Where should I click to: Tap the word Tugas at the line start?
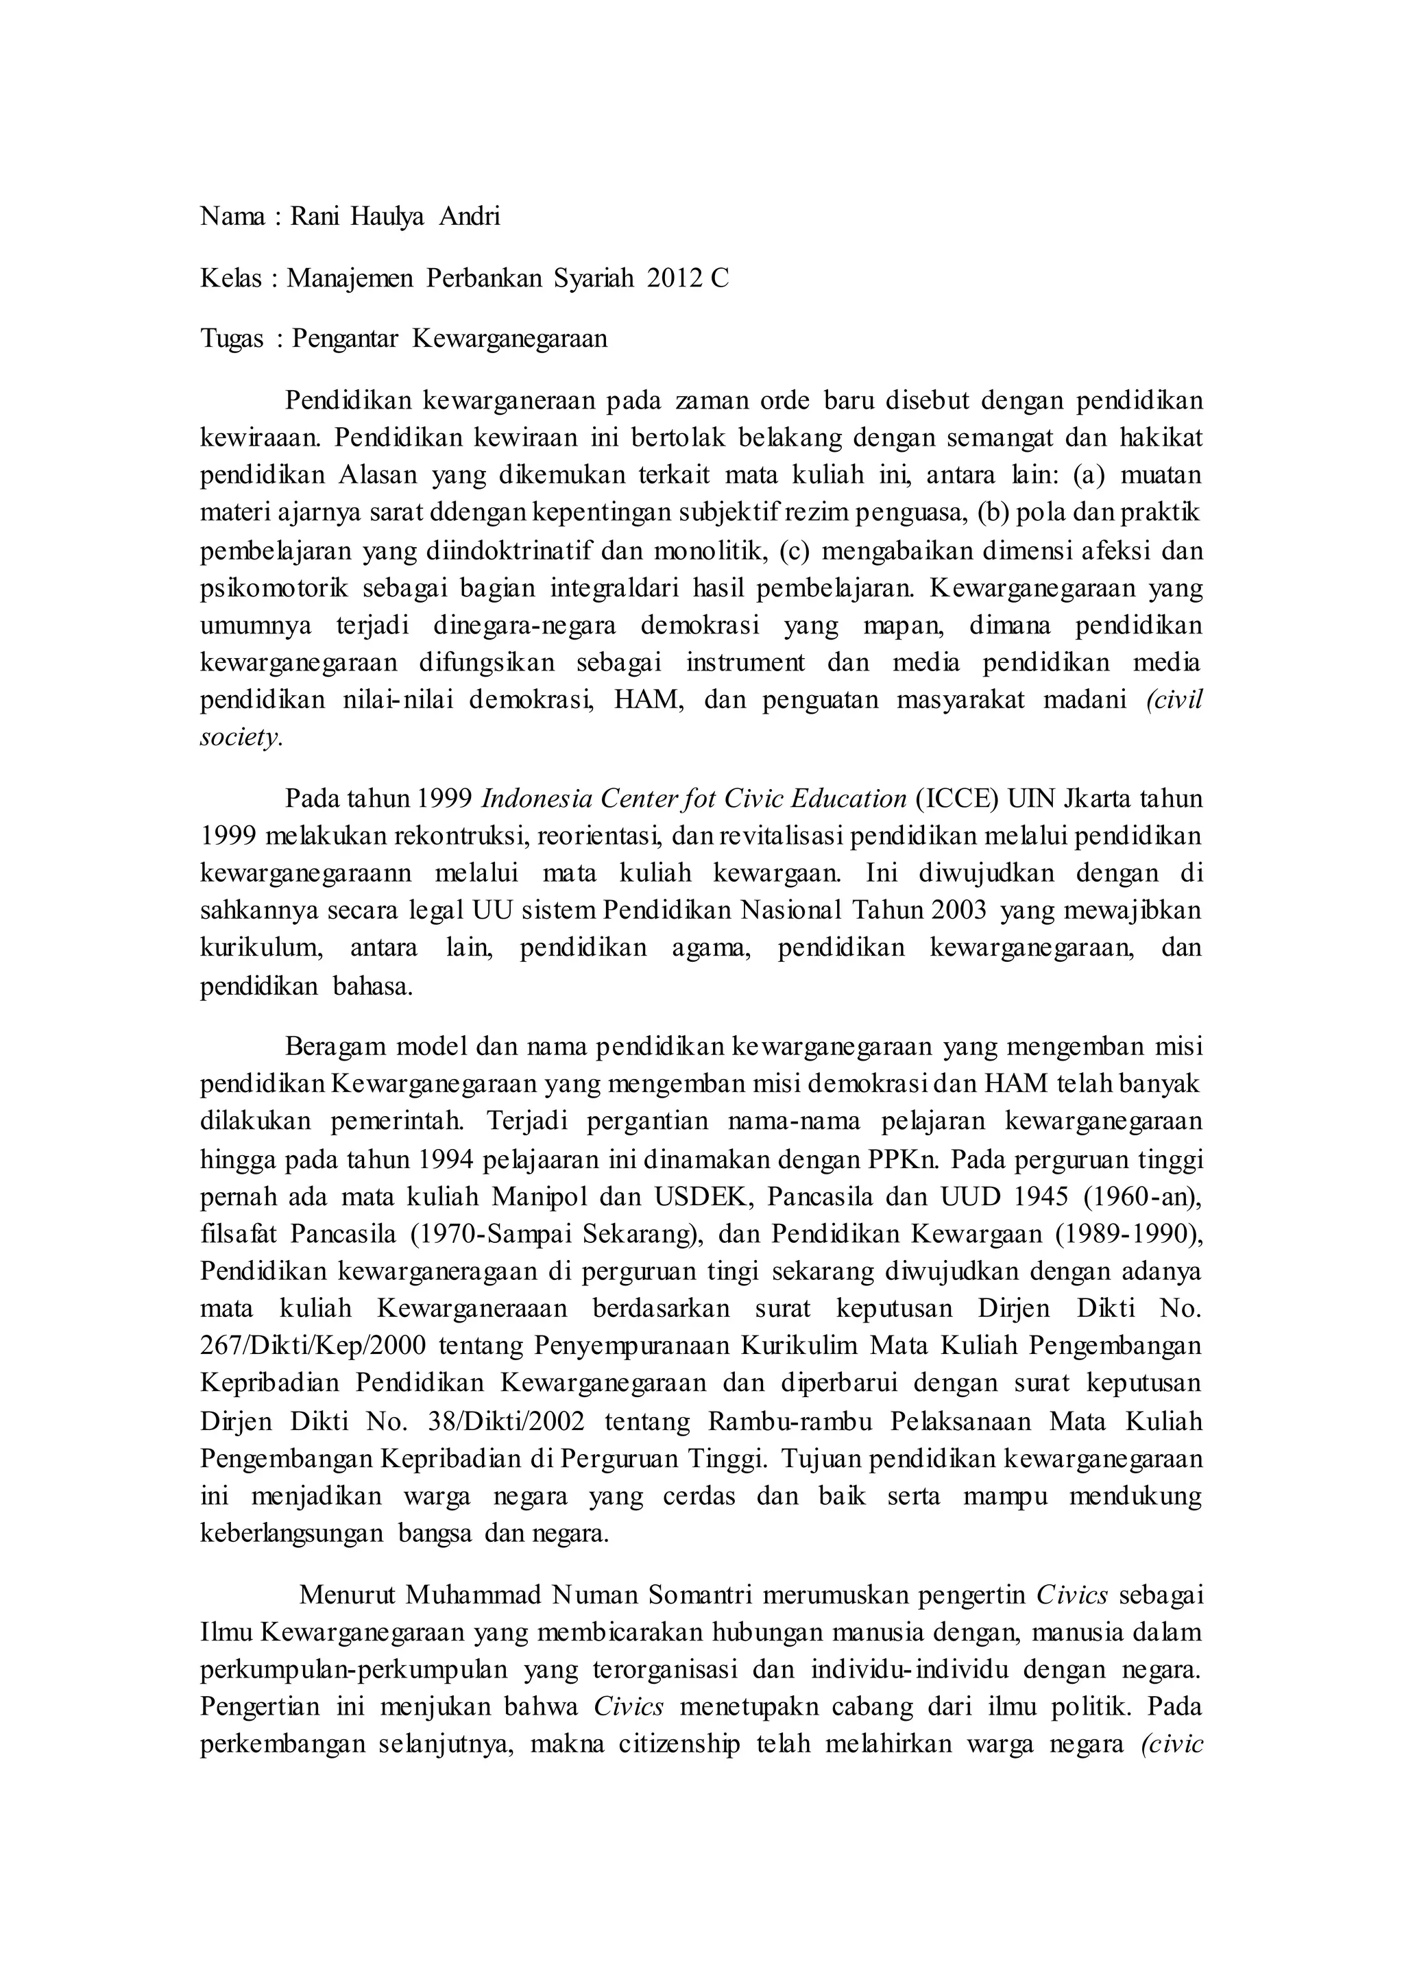(232, 339)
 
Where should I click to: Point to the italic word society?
(241, 738)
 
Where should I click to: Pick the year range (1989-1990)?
(1128, 1233)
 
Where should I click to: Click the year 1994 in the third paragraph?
(448, 1159)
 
